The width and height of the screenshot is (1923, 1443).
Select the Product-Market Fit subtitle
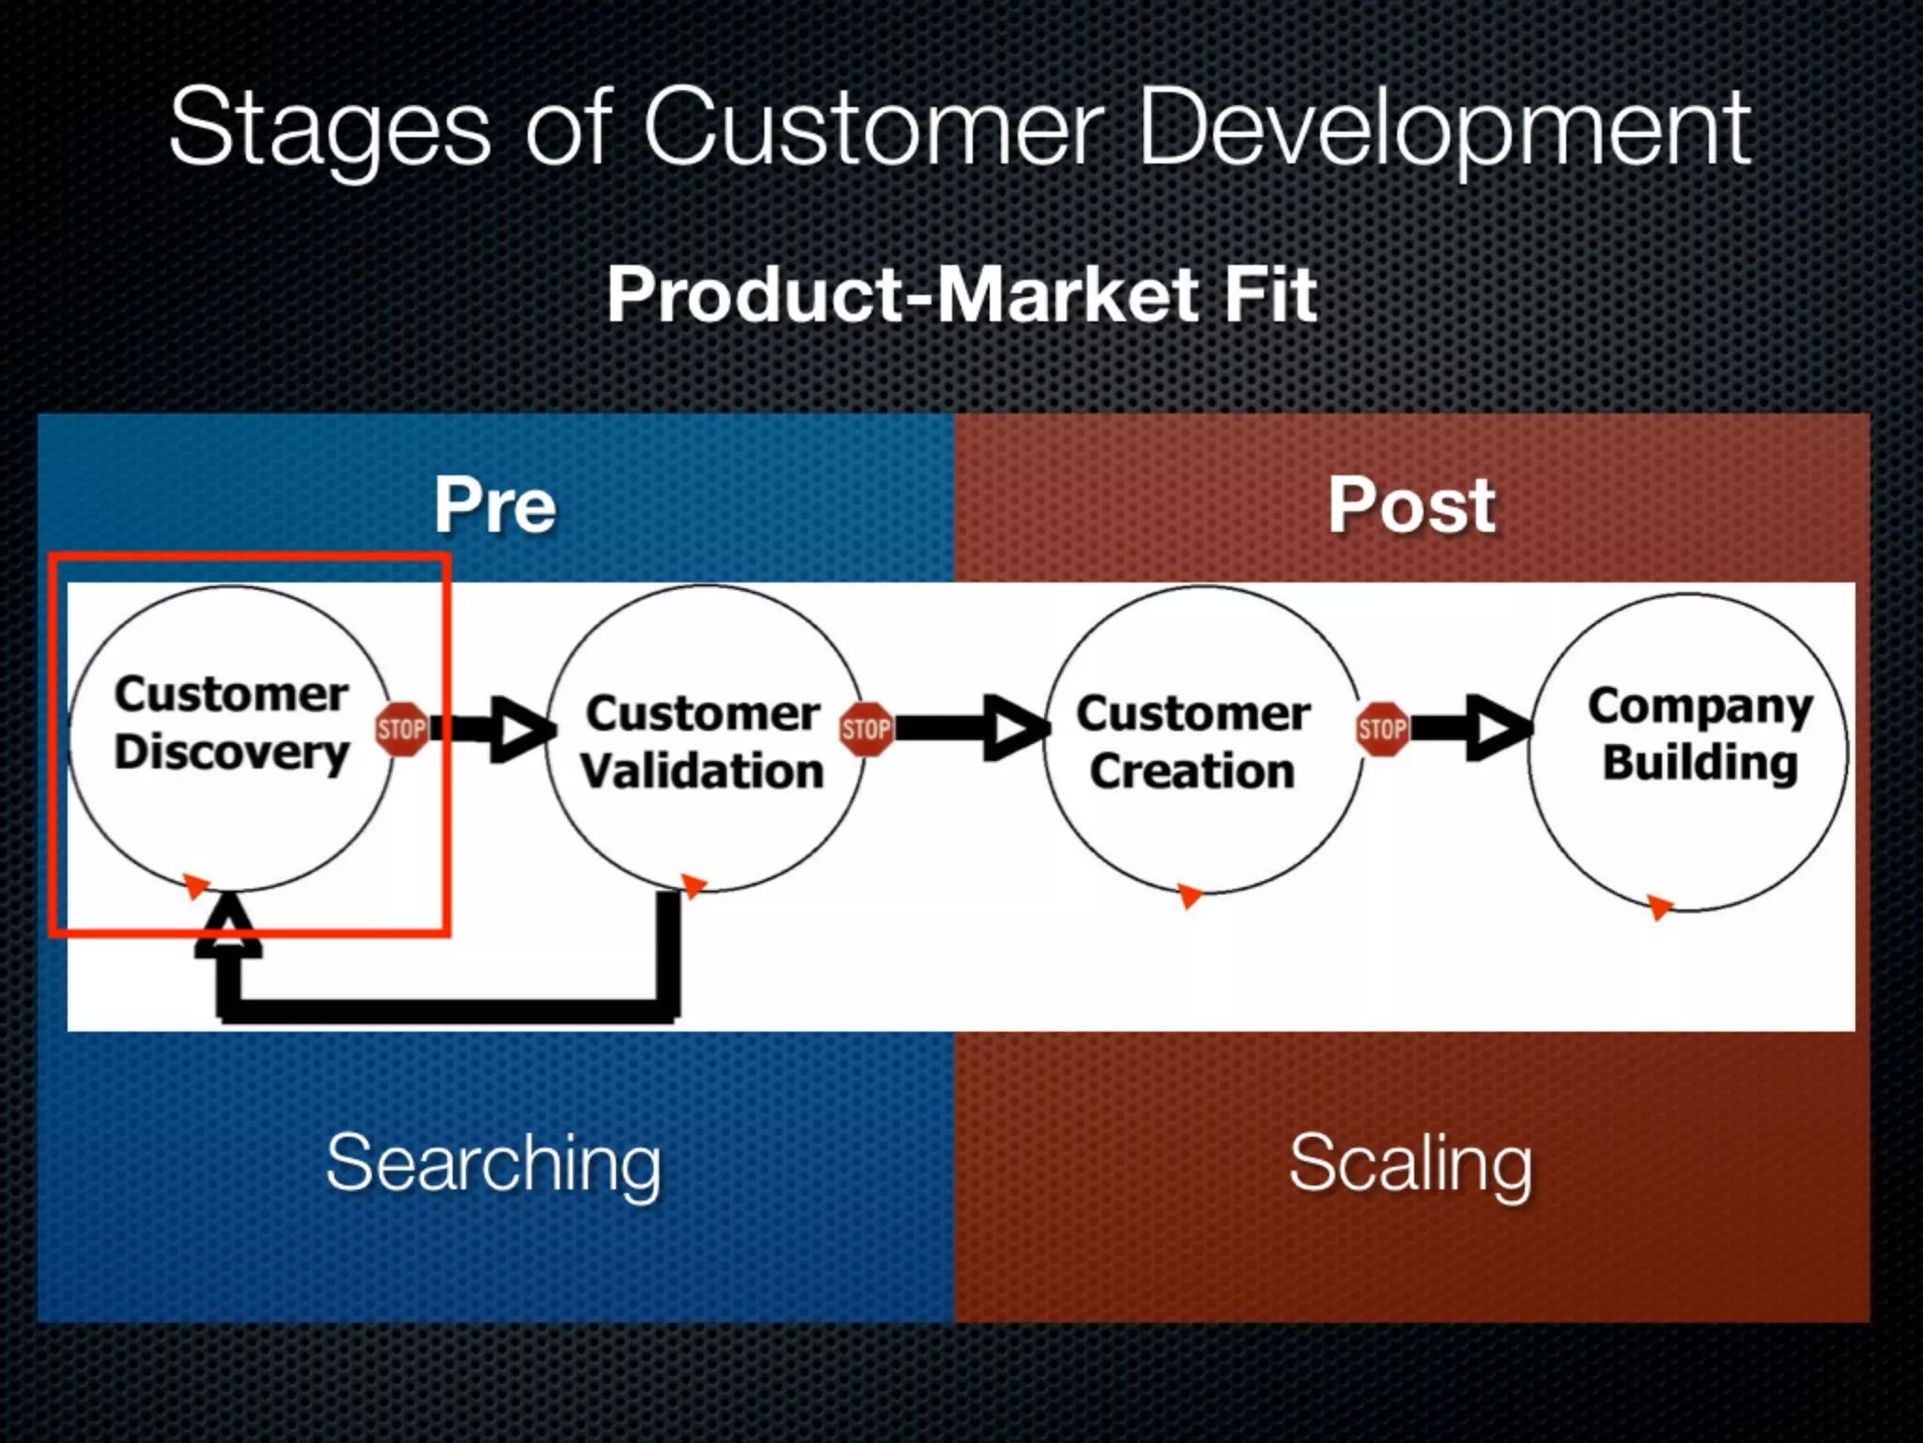coord(961,294)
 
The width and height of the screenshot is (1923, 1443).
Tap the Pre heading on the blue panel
coord(495,505)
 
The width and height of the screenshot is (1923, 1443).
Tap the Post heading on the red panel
coord(1411,505)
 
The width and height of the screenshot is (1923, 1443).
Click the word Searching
coord(494,1163)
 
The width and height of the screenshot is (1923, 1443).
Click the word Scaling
coord(1410,1163)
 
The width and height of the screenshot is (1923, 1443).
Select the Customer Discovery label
coord(231,722)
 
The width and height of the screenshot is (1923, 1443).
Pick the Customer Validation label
coord(702,742)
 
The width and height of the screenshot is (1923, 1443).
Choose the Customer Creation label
coord(1192,742)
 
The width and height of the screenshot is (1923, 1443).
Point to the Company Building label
coord(1700,734)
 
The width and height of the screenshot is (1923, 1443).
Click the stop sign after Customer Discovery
coord(402,729)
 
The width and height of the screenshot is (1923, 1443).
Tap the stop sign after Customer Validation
coord(866,729)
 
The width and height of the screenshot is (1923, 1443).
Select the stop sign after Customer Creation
coord(1382,729)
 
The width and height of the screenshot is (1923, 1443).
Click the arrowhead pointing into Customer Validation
coord(521,729)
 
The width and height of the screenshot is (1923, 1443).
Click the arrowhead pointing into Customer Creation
coord(1016,729)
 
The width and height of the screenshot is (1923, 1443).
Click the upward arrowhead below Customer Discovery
coord(228,925)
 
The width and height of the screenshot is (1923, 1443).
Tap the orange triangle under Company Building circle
coord(1659,907)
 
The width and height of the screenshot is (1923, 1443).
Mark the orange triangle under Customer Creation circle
coord(1190,894)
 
